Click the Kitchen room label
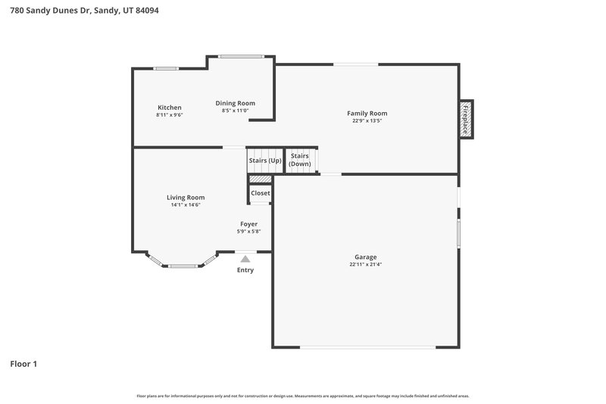click(x=169, y=108)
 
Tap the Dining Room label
click(x=235, y=103)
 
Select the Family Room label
click(x=367, y=114)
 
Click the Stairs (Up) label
click(x=264, y=161)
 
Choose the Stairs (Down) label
click(x=300, y=160)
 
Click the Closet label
click(x=261, y=193)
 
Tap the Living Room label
click(x=186, y=198)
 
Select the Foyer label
click(x=248, y=224)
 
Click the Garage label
click(x=365, y=257)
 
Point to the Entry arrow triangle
click(x=245, y=259)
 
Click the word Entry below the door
click(x=245, y=271)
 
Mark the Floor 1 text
click(x=23, y=364)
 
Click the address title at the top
click(x=84, y=11)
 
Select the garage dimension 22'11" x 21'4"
click(x=365, y=265)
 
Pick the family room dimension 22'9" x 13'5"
click(x=367, y=121)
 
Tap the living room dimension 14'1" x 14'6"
click(x=186, y=205)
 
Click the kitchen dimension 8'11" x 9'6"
click(x=169, y=115)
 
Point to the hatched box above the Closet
click(x=261, y=180)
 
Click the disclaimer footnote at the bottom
click(x=302, y=396)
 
